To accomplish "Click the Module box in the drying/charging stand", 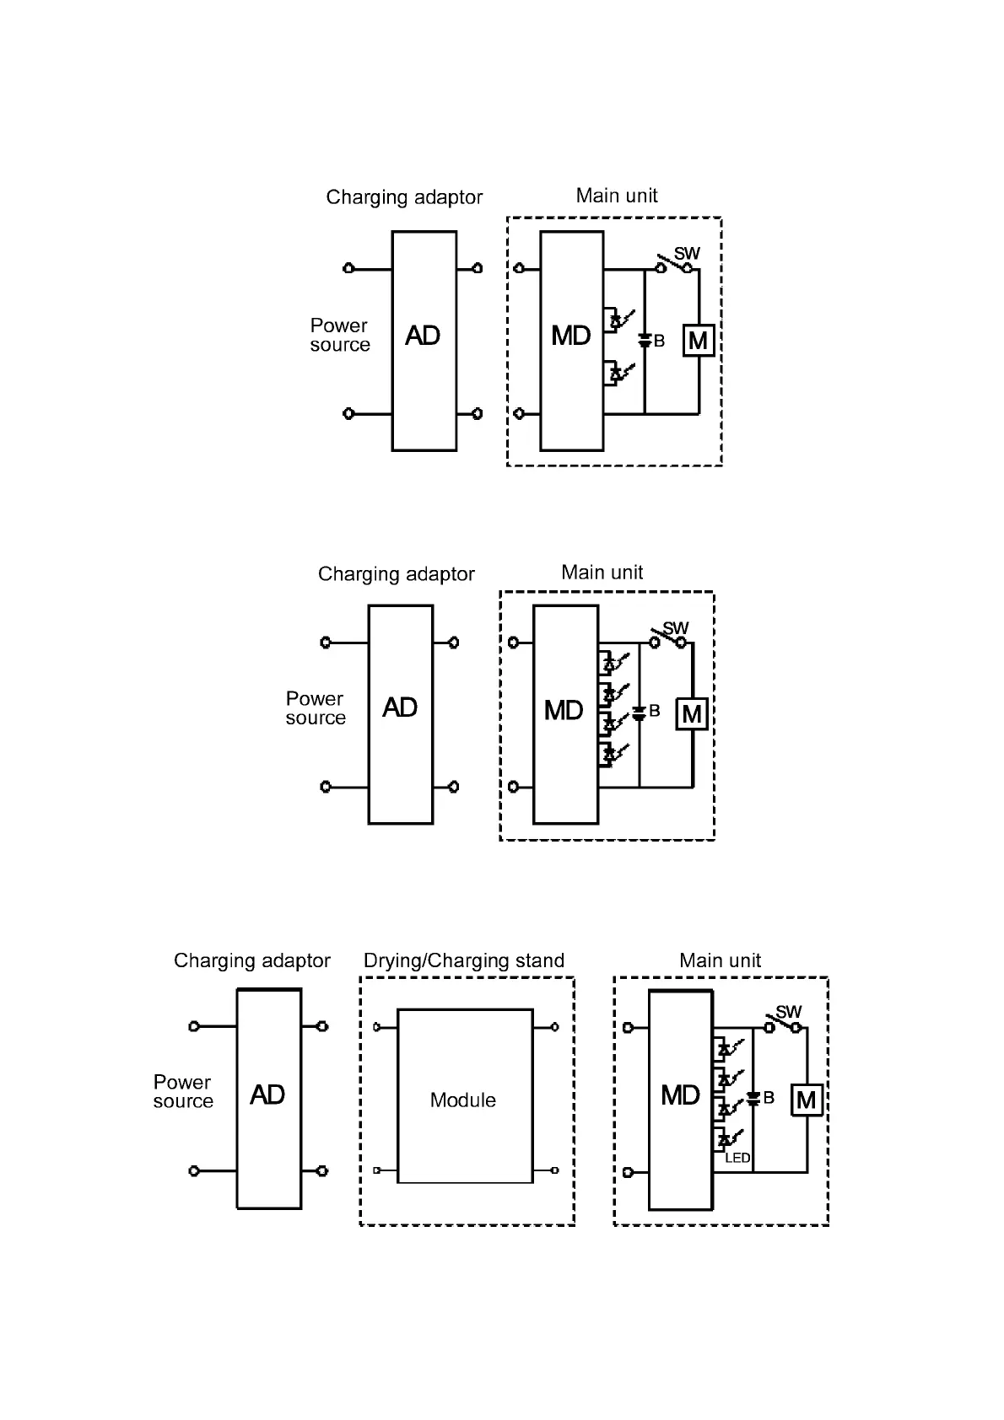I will [x=465, y=1096].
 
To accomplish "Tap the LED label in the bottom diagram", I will [x=737, y=1159].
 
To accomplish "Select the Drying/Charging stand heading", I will [x=463, y=960].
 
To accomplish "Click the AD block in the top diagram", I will [x=424, y=340].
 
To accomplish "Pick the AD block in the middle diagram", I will [x=400, y=713].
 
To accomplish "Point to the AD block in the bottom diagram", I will [x=268, y=1098].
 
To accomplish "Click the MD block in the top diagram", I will [x=571, y=340].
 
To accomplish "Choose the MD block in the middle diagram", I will [x=564, y=713].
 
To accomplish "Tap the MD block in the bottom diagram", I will [x=680, y=1098].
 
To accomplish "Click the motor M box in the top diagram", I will [x=698, y=341].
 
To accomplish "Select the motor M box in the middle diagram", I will [x=692, y=715].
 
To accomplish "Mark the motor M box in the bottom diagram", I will [x=806, y=1100].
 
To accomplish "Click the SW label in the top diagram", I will [x=688, y=253].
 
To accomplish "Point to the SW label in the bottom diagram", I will [x=789, y=1011].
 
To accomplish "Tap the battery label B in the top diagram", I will [x=660, y=342].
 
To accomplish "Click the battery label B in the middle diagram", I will [x=655, y=712].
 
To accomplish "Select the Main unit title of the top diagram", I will [x=616, y=196].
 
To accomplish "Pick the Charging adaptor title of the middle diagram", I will [x=396, y=574].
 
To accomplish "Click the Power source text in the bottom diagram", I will [x=183, y=1091].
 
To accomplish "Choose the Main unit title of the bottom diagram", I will [x=720, y=960].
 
